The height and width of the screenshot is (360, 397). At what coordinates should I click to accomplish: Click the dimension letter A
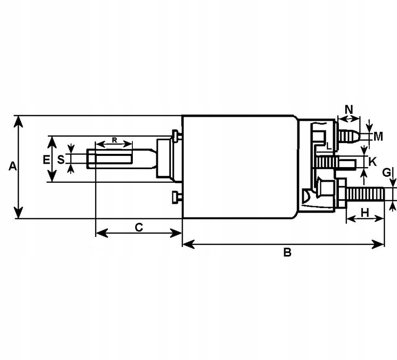click(13, 167)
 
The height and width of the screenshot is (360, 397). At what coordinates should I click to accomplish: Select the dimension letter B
click(288, 253)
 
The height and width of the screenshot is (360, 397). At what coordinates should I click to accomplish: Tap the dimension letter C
click(139, 227)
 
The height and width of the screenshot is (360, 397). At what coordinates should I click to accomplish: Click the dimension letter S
click(61, 159)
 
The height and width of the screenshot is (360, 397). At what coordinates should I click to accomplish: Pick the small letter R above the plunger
click(114, 140)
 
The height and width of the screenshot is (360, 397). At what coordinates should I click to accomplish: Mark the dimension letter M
click(378, 137)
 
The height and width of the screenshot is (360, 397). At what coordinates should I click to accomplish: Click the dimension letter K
click(373, 161)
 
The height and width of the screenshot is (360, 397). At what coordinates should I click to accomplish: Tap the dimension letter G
click(386, 172)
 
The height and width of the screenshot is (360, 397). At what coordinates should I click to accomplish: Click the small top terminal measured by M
click(349, 134)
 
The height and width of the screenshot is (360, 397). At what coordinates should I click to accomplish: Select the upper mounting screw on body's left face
click(176, 135)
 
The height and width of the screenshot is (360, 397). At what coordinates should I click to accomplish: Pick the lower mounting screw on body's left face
click(176, 197)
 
